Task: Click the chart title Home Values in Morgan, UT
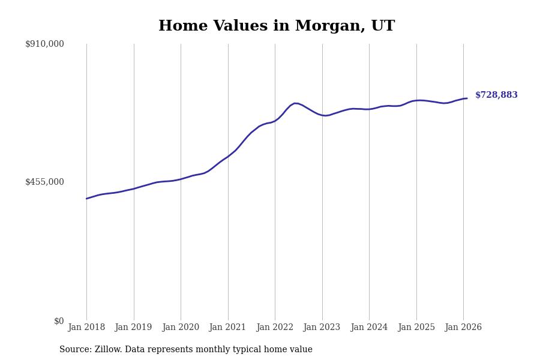(x=277, y=26)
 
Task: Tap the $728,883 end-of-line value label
(x=496, y=95)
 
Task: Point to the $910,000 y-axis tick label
(x=44, y=44)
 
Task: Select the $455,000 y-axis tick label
(x=44, y=182)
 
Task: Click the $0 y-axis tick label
(x=59, y=321)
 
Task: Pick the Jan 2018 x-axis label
(x=86, y=327)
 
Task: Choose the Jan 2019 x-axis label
(x=134, y=327)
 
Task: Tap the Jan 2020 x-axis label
(x=181, y=327)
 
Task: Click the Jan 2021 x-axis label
(x=228, y=327)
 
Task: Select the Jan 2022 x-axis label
(x=275, y=327)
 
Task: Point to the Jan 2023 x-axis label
(x=322, y=327)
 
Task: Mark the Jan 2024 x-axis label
(x=369, y=327)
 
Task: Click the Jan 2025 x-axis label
(x=416, y=327)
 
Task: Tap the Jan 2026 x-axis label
(x=463, y=327)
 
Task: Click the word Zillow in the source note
(x=107, y=350)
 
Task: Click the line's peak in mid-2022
(x=295, y=103)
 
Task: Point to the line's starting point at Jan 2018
(x=86, y=199)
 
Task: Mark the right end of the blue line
(x=467, y=98)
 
